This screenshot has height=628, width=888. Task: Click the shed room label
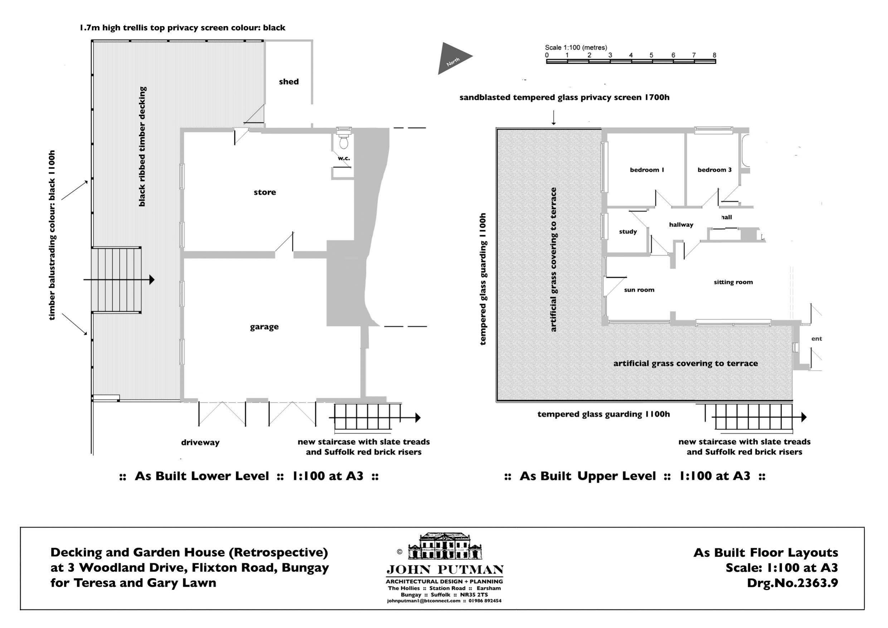(x=288, y=82)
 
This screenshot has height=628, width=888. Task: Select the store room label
(x=265, y=192)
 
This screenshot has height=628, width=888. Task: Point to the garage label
(x=264, y=327)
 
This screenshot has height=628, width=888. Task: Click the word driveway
(x=200, y=442)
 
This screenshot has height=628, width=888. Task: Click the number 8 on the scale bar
(x=714, y=55)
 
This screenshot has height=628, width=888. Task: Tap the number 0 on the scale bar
(x=547, y=55)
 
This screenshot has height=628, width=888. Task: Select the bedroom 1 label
(x=647, y=170)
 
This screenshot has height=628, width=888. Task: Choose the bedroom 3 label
(x=714, y=170)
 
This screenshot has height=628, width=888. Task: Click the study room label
(x=628, y=232)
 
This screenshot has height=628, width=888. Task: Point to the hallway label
(x=681, y=225)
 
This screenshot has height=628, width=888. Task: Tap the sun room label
(x=639, y=290)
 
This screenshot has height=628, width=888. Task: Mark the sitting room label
(x=733, y=282)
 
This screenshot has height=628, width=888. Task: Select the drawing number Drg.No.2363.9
(x=792, y=583)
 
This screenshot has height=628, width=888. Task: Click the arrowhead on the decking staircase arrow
(x=152, y=280)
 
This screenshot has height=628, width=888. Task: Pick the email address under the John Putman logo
(x=423, y=601)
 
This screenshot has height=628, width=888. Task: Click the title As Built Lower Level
(x=202, y=476)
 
